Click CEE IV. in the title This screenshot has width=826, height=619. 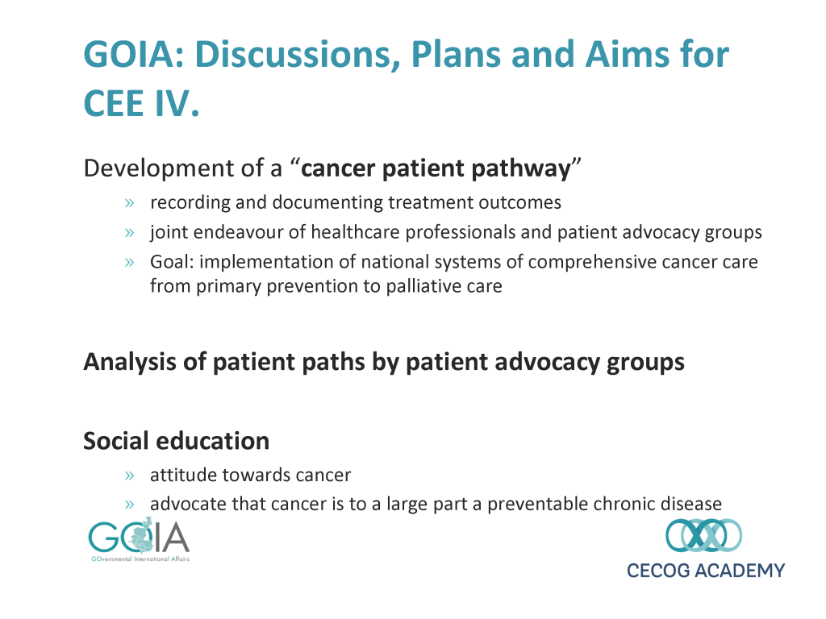(142, 103)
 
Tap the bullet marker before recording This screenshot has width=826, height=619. (130, 203)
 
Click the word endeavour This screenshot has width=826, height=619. (227, 232)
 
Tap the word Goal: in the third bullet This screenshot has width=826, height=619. (173, 262)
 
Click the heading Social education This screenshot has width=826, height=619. (177, 441)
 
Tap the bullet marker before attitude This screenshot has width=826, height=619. (130, 476)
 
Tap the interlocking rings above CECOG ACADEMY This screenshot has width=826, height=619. (703, 535)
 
